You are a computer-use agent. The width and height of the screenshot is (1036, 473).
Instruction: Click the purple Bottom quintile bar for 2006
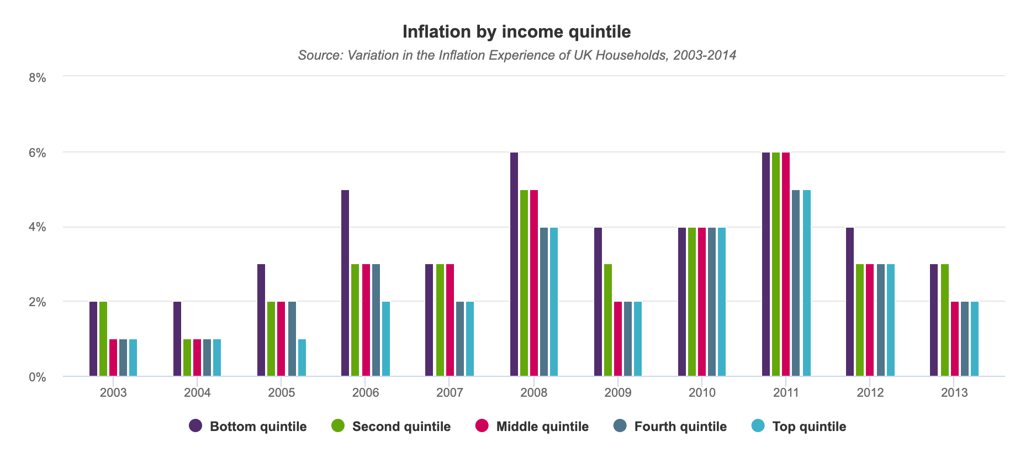[x=345, y=283]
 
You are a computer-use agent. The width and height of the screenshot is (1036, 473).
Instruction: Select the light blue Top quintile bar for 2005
[x=302, y=358]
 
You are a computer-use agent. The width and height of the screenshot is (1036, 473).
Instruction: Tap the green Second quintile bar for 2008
[x=524, y=283]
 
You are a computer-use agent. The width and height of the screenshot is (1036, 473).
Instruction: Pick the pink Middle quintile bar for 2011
[x=786, y=264]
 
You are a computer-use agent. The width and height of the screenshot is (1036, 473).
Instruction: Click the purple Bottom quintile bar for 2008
[x=514, y=264]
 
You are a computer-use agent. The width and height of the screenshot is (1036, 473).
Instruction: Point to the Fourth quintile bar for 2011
[x=796, y=283]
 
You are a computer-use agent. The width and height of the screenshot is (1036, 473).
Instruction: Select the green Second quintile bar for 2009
[x=608, y=320]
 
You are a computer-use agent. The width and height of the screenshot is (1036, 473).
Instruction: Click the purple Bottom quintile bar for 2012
[x=850, y=302]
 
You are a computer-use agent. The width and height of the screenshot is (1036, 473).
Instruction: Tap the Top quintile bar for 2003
[x=133, y=358]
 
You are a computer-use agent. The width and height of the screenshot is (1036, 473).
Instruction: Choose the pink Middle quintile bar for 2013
[x=955, y=339]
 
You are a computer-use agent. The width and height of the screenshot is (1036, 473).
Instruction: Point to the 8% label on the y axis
[x=38, y=78]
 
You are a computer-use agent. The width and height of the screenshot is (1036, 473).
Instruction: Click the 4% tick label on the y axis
[x=38, y=227]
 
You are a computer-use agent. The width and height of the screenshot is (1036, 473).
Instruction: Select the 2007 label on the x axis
[x=450, y=393]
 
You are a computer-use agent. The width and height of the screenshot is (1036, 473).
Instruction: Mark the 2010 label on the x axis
[x=702, y=393]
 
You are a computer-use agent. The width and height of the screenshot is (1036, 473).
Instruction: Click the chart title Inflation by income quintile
[x=516, y=31]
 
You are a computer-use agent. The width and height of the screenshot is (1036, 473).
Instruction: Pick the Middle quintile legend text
[x=542, y=427]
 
